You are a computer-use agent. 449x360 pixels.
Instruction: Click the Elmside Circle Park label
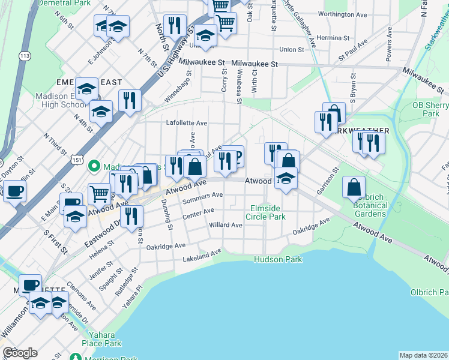267,212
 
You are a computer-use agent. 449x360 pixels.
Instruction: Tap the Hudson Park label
278,259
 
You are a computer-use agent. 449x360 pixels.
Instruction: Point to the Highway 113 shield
25,56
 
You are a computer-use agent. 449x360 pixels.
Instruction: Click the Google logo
20,353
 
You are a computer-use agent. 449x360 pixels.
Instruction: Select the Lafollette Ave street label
187,123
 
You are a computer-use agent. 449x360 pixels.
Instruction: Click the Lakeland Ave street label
202,256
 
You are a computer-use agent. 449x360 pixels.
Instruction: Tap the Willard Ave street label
226,225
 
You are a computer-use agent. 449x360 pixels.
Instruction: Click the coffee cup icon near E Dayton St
14,191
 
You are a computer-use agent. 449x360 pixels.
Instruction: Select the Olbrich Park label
430,292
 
